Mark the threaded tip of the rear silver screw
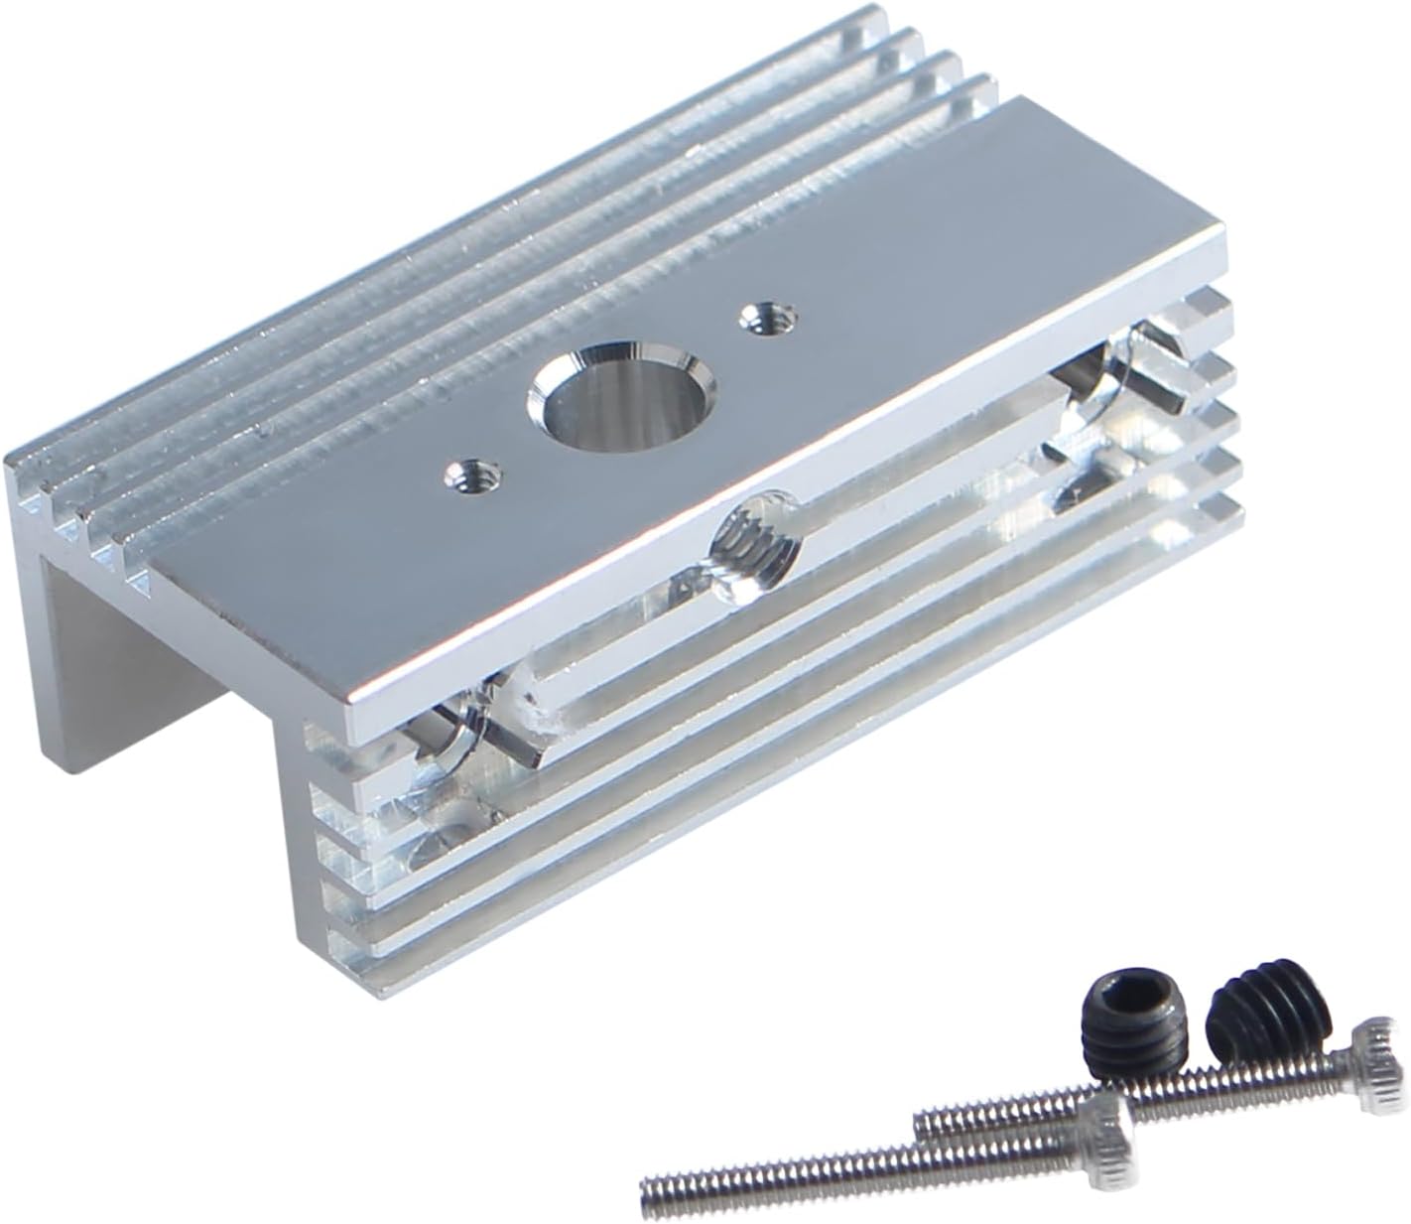click(928, 1122)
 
